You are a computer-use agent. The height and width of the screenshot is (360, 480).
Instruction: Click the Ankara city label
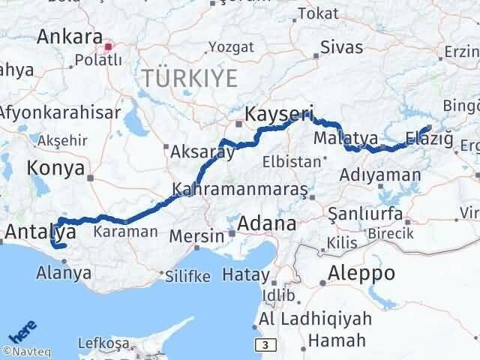coord(69,36)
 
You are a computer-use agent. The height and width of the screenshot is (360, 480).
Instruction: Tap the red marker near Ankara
coord(109,46)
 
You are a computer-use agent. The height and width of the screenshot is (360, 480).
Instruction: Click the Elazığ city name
coord(428,138)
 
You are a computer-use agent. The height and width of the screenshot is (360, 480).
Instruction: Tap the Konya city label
coord(57,168)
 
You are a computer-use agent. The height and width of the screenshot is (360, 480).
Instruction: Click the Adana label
coord(266,223)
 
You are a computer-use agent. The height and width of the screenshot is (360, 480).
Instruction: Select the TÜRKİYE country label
coord(190,78)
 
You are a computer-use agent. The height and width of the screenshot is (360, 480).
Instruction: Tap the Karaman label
coord(125,232)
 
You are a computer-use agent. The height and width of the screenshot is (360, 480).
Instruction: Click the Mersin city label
coord(196,235)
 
